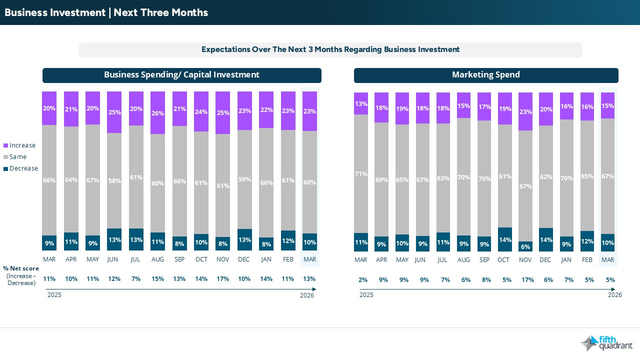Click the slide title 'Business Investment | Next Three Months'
click(106, 12)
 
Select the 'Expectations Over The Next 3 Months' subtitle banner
click(330, 49)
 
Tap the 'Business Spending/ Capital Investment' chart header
click(181, 75)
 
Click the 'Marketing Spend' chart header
click(485, 75)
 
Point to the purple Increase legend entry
click(19, 145)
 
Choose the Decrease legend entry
click(20, 168)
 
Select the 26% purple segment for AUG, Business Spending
click(157, 113)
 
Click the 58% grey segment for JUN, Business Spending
click(114, 180)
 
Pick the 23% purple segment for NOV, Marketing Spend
click(525, 111)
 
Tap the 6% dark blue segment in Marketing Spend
click(525, 246)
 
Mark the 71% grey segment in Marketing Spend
click(361, 174)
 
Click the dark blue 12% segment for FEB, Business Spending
click(287, 240)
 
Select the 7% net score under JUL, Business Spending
click(136, 279)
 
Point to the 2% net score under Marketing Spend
click(362, 280)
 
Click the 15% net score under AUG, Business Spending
click(157, 279)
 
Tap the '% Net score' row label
click(21, 268)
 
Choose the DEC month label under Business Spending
click(244, 259)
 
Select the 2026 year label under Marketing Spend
click(614, 295)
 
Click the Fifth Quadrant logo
click(606, 343)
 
